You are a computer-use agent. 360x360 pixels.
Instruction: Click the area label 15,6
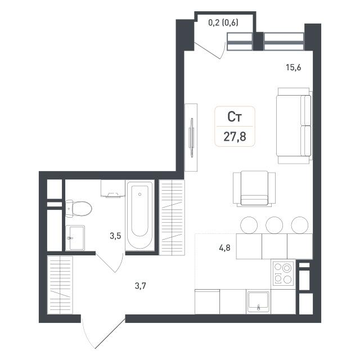point(293,67)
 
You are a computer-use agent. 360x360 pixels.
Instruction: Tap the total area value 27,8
point(235,137)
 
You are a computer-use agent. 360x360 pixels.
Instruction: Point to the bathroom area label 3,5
point(115,236)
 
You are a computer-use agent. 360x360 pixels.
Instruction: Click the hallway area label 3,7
point(140,286)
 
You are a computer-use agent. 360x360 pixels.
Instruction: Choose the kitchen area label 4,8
point(225,248)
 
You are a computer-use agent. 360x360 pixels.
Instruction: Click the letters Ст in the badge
point(235,116)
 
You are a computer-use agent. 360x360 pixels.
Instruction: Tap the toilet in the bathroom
point(79,209)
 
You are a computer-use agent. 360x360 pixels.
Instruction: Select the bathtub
point(140,215)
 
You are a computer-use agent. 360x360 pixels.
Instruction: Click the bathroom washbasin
point(75,238)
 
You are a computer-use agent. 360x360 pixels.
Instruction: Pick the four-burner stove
point(283,273)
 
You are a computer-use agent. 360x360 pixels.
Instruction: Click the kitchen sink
point(258,301)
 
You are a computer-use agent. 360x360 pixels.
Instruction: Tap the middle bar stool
point(274,225)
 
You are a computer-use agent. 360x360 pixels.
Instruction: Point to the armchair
point(254,188)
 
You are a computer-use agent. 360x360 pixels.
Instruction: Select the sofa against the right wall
point(294,125)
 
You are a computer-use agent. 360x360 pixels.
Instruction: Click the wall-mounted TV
point(191,137)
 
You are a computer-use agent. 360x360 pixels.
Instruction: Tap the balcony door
point(210,51)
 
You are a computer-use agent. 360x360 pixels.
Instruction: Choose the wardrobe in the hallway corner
point(60,285)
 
